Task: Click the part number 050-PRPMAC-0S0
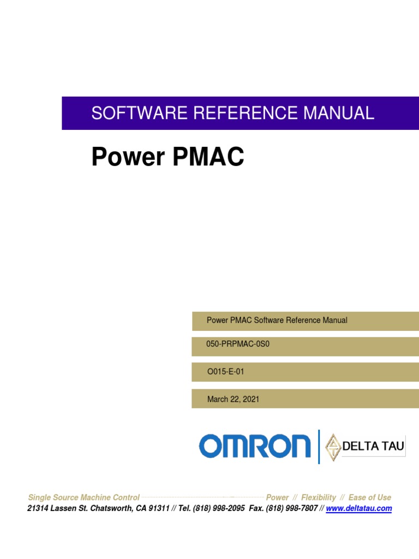tap(238, 345)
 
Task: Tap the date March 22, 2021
tap(234, 399)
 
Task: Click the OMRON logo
tap(255, 446)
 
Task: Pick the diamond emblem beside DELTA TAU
tap(333, 447)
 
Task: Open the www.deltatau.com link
tap(359, 508)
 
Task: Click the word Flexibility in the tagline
tap(319, 497)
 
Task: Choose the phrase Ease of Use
tap(370, 497)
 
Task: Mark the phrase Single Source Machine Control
tap(83, 497)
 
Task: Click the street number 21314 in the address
tap(39, 508)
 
